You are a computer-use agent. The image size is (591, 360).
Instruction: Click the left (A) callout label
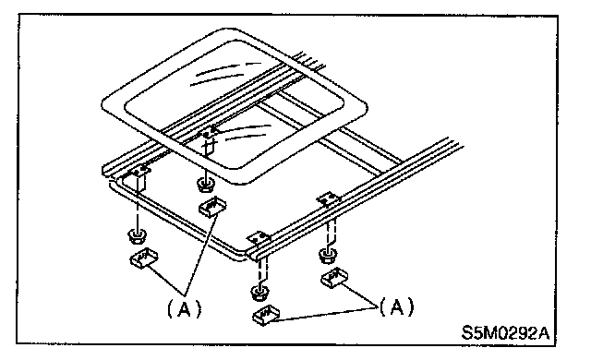[x=185, y=309]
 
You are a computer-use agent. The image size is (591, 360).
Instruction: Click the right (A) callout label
[x=396, y=306]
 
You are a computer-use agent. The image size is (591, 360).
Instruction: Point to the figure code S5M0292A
[x=506, y=332]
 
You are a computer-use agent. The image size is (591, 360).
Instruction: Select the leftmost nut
[x=138, y=236]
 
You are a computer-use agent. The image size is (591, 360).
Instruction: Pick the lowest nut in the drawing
[x=260, y=293]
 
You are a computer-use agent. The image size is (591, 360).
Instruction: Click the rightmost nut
[x=329, y=256]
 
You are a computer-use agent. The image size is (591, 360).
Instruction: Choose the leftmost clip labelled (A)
[x=144, y=258]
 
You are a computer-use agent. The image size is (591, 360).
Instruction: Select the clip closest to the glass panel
[x=211, y=207]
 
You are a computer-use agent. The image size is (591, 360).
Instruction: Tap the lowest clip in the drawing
[x=266, y=315]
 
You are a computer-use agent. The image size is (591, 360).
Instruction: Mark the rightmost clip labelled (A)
[x=334, y=278]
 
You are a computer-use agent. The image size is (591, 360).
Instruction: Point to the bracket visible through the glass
[x=208, y=132]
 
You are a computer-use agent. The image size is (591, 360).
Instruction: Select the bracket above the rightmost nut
[x=329, y=198]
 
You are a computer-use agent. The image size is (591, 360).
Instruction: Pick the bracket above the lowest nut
[x=259, y=239]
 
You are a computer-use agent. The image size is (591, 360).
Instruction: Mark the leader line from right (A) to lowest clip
[x=326, y=314]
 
